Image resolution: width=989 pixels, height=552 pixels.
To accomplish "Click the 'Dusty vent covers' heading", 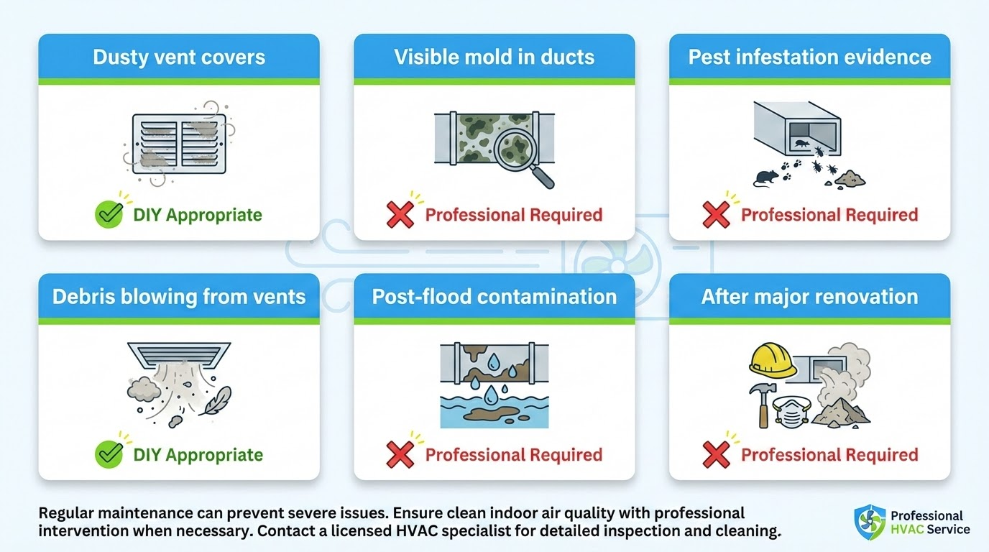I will pyautogui.click(x=178, y=57).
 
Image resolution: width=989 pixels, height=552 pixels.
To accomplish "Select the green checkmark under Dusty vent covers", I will pyautogui.click(x=109, y=214).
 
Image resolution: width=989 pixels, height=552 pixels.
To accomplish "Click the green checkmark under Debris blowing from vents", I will pyautogui.click(x=109, y=454).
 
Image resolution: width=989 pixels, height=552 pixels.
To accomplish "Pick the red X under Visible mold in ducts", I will pyautogui.click(x=400, y=214).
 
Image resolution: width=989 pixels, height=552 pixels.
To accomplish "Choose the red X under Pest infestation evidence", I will pyautogui.click(x=716, y=214).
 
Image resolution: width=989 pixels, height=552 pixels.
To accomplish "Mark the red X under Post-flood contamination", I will pyautogui.click(x=400, y=454).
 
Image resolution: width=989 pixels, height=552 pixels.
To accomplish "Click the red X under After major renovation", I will pyautogui.click(x=716, y=454).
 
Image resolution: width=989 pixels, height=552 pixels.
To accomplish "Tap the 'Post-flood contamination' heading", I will pyautogui.click(x=494, y=297).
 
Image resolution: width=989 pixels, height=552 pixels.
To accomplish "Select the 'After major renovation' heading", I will pyautogui.click(x=809, y=297).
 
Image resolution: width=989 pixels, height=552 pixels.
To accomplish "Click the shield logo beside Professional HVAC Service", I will pyautogui.click(x=870, y=522).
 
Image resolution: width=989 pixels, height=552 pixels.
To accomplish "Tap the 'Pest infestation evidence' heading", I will pyautogui.click(x=809, y=57).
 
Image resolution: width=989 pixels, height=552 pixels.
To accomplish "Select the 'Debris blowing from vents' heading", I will pyautogui.click(x=178, y=297).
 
